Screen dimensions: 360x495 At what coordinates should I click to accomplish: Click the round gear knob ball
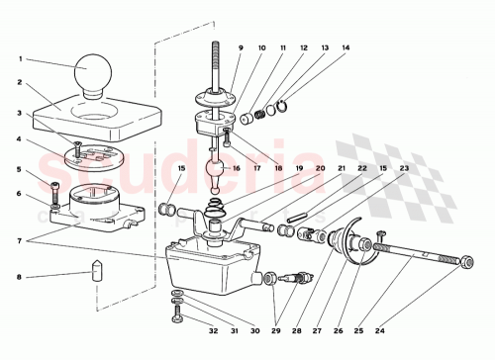click(91, 73)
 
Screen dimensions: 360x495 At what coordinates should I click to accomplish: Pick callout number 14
click(346, 48)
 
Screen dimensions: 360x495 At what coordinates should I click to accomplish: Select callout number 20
click(320, 169)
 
